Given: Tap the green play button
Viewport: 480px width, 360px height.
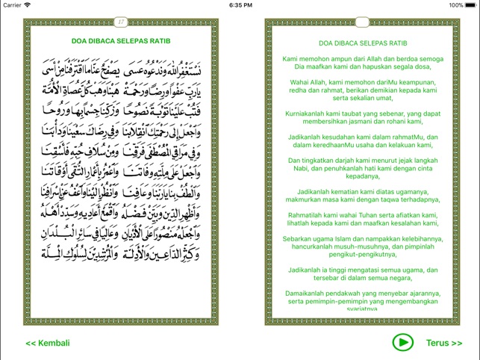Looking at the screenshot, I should pos(402,343).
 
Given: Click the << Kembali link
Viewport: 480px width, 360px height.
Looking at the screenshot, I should pos(48,344).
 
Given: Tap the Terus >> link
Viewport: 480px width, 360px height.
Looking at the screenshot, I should pos(444,344).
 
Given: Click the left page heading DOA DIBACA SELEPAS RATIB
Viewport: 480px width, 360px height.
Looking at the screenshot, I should pos(121,41).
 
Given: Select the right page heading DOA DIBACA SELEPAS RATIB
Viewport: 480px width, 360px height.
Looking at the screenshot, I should pos(362,44).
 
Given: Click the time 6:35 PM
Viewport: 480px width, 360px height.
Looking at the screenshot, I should pos(240,4).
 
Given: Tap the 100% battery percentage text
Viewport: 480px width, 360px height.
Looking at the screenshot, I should pos(455,4).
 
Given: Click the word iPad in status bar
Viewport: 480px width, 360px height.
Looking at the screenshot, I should pos(10,4).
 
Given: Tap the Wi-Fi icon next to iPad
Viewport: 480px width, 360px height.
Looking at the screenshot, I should pos(28,4).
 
